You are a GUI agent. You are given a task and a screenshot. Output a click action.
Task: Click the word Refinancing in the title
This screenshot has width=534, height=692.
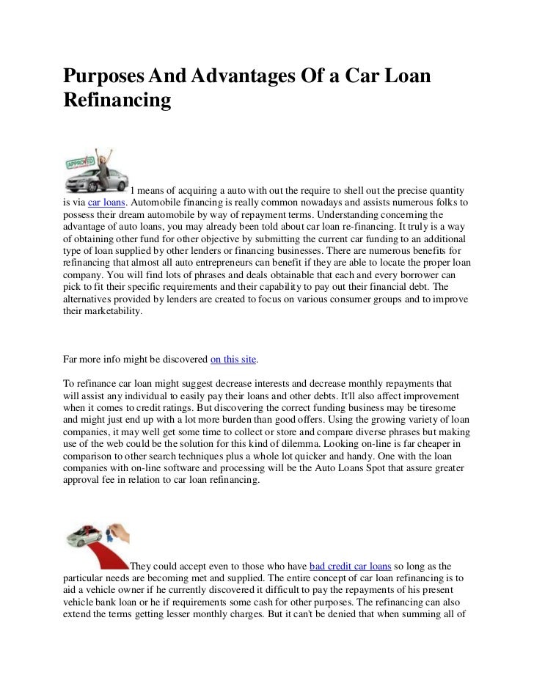pyautogui.click(x=117, y=100)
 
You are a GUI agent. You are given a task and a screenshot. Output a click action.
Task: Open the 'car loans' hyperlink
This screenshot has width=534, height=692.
pyautogui.click(x=107, y=202)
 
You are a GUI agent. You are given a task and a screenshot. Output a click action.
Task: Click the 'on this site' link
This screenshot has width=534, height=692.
pyautogui.click(x=234, y=360)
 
